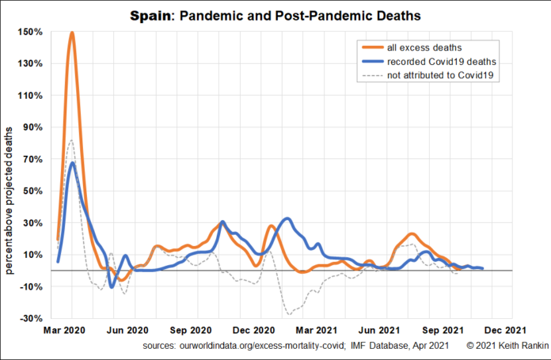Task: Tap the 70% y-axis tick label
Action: pyautogui.click(x=32, y=159)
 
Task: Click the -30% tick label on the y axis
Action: pyautogui.click(x=31, y=318)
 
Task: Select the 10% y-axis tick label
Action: pyautogui.click(x=32, y=255)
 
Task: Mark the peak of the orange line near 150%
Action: pyautogui.click(x=72, y=32)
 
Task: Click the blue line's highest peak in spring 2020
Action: pyautogui.click(x=73, y=163)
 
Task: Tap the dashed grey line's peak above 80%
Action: pyautogui.click(x=71, y=140)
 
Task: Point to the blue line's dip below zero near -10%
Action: pyautogui.click(x=112, y=286)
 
